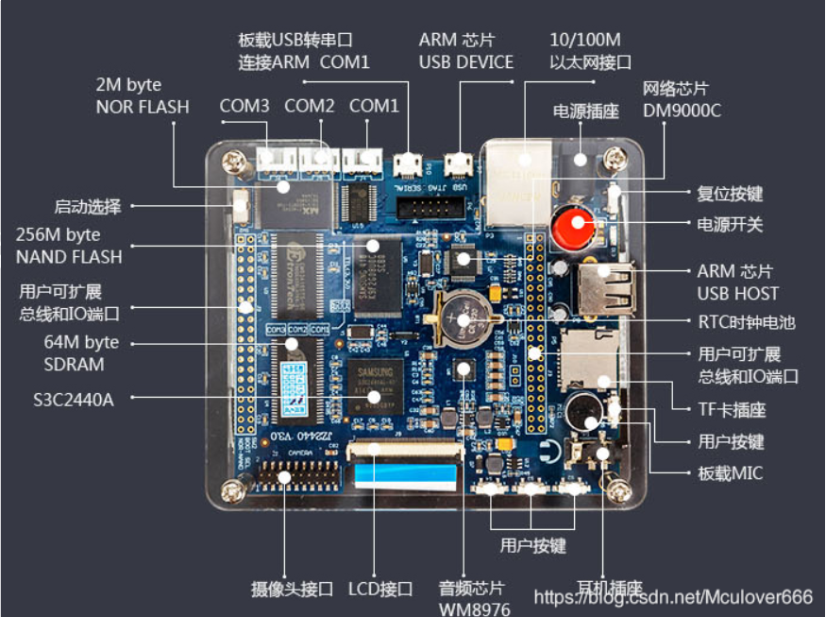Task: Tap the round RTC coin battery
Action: click(x=464, y=317)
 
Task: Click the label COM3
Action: click(x=244, y=106)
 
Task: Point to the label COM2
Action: click(x=310, y=106)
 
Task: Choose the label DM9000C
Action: click(x=682, y=111)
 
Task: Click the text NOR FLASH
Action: click(x=142, y=107)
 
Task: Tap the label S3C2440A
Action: click(x=73, y=399)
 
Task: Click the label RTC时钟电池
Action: click(x=746, y=322)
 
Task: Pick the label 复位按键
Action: click(x=730, y=194)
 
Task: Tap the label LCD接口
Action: click(x=380, y=589)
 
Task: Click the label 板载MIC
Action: click(x=731, y=472)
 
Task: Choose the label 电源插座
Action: click(x=585, y=111)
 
